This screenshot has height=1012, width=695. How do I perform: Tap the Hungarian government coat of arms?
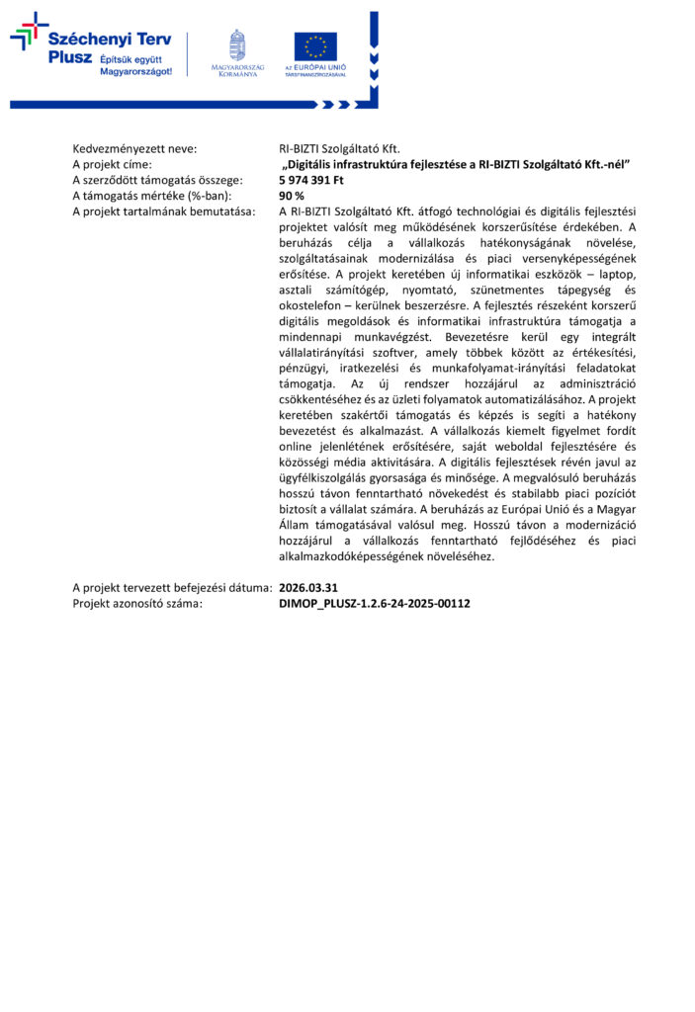pyautogui.click(x=236, y=44)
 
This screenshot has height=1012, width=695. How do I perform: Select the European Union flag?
pyautogui.click(x=314, y=46)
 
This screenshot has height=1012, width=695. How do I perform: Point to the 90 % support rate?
pyautogui.click(x=292, y=196)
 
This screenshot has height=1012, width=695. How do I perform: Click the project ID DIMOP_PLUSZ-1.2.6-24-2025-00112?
pyautogui.click(x=375, y=602)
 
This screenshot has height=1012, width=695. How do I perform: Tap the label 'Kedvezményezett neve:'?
pyautogui.click(x=134, y=148)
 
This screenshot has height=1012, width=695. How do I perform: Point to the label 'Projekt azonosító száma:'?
pyautogui.click(x=137, y=602)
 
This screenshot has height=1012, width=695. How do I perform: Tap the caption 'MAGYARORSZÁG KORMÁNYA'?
pyautogui.click(x=236, y=71)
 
